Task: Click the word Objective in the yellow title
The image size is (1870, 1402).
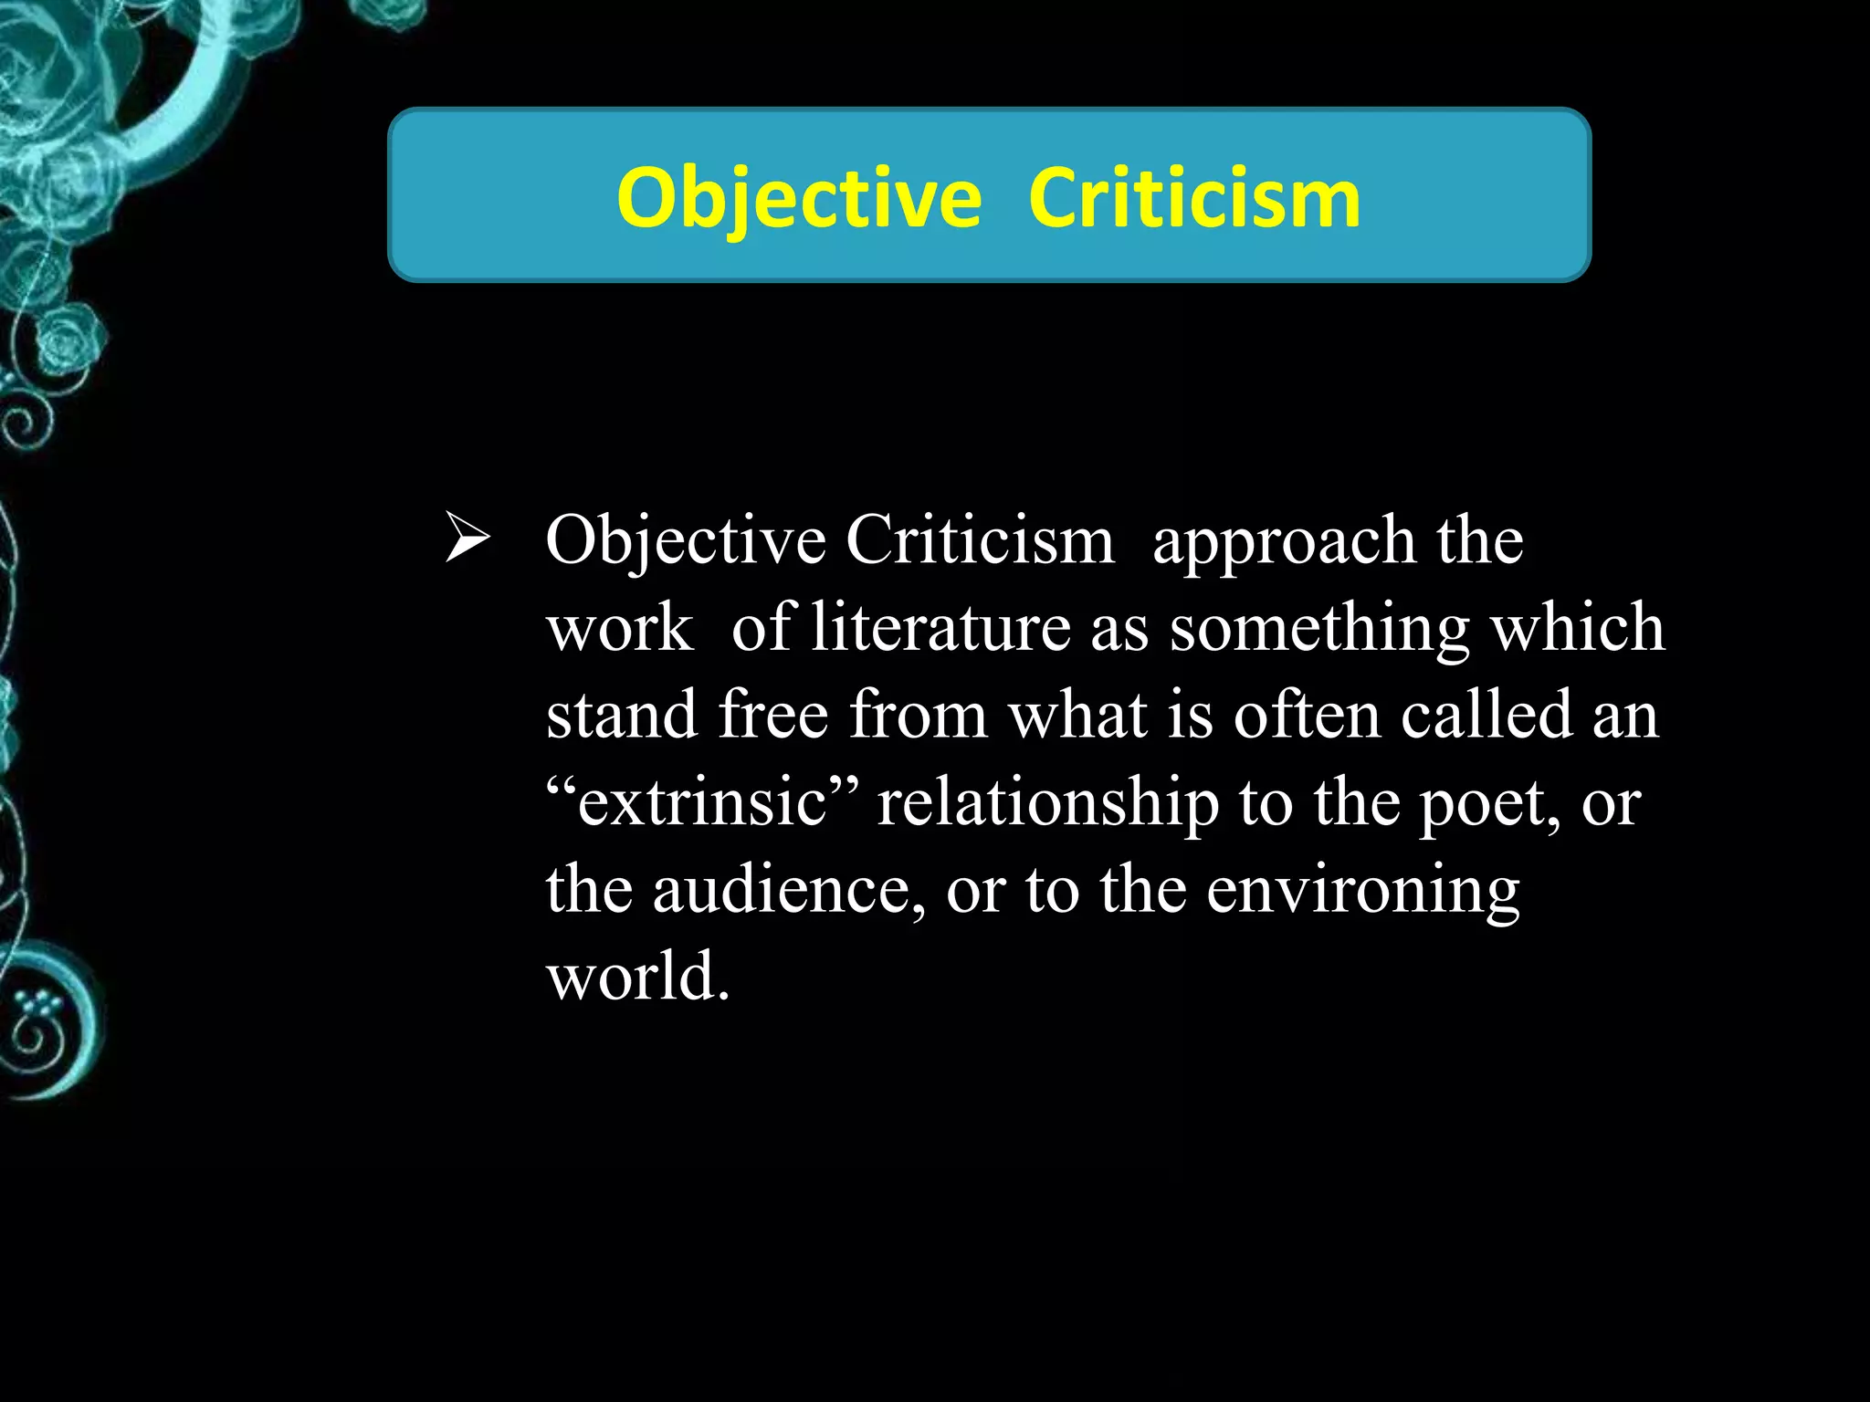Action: tap(799, 198)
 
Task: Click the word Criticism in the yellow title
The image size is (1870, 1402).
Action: tap(1194, 198)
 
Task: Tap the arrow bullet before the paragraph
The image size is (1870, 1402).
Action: tap(467, 540)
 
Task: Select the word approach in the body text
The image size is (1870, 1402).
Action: tap(1283, 542)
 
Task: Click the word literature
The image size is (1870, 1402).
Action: tap(940, 628)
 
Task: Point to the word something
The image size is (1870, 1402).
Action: tap(1319, 630)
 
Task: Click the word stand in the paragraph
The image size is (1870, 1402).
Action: tap(622, 715)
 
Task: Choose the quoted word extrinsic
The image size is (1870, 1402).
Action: tap(701, 802)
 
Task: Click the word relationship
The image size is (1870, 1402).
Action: tap(1047, 804)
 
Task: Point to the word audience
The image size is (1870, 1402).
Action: tap(783, 890)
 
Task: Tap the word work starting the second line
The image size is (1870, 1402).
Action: tap(620, 628)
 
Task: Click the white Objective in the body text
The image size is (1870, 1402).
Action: tap(686, 542)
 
